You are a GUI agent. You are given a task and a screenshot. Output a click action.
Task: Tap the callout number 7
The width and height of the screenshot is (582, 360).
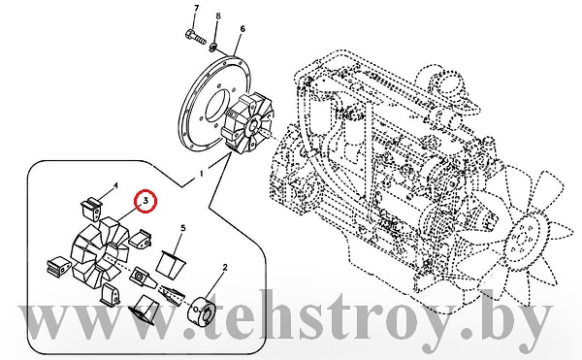196,8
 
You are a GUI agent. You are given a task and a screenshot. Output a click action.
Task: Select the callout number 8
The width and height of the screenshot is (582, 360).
218,16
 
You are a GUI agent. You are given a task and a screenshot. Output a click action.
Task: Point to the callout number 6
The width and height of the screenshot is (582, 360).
242,28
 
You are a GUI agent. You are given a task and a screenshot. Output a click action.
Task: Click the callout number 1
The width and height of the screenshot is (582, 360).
202,174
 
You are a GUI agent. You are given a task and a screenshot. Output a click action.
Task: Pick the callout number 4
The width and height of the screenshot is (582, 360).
115,185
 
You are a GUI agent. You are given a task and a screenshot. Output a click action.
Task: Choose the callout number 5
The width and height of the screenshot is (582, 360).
183,228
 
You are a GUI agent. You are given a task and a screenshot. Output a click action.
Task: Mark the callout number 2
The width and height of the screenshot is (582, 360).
225,267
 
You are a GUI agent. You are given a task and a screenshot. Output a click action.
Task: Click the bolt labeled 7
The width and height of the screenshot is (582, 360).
195,36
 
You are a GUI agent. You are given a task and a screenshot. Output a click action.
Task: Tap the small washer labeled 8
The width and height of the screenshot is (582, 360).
213,48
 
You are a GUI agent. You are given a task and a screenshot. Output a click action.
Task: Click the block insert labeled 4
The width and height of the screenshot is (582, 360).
91,209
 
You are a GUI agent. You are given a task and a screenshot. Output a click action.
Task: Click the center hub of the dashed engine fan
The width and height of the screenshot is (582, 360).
525,240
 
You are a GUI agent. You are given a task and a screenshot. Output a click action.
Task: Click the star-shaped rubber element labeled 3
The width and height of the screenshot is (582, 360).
100,250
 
